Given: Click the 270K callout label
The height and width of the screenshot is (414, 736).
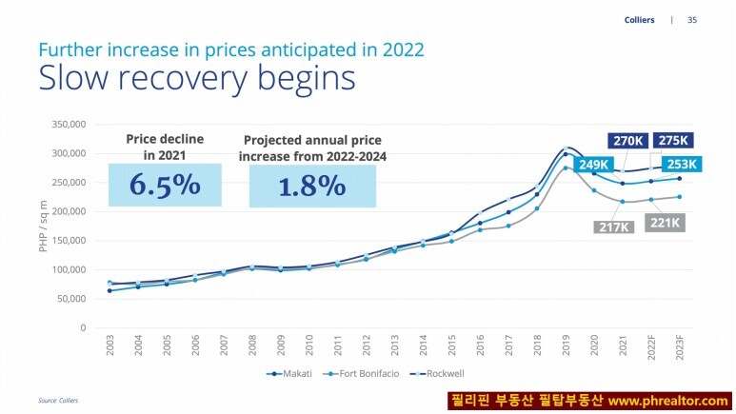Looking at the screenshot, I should click(628, 141).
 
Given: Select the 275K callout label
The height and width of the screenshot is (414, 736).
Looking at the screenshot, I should click(673, 141).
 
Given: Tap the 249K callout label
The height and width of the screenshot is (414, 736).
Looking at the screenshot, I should click(596, 165).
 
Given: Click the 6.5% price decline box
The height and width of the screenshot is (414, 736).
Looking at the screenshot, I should click(165, 185).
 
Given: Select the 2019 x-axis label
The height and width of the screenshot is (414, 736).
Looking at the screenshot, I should click(566, 345).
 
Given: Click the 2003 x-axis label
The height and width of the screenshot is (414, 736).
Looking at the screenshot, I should click(109, 345).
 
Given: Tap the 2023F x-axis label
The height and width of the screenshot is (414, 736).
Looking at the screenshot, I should click(679, 346).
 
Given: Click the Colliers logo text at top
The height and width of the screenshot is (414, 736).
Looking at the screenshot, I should click(639, 19).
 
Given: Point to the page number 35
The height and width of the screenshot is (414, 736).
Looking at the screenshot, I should click(692, 19).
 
